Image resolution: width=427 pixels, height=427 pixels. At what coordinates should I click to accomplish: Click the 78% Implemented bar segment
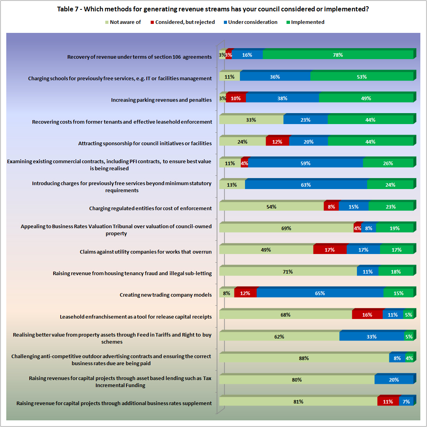click(338, 55)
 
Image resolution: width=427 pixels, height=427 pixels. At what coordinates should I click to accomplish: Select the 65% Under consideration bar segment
click(320, 293)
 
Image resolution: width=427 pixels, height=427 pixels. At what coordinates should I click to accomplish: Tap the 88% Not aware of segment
click(304, 358)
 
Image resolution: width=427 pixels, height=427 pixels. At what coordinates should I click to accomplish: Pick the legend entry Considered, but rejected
click(185, 22)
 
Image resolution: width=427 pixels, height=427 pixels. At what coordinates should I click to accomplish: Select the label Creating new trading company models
click(166, 295)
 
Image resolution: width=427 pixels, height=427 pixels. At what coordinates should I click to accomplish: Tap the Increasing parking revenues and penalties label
click(161, 100)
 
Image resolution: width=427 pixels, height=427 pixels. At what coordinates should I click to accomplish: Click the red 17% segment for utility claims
click(330, 250)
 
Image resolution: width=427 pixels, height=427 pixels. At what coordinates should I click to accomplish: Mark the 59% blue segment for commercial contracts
click(305, 163)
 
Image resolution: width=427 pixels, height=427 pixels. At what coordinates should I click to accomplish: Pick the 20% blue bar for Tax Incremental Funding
click(394, 380)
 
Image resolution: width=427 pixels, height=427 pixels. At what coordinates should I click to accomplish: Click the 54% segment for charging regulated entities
click(271, 207)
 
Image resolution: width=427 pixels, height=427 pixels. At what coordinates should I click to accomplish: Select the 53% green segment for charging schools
click(362, 77)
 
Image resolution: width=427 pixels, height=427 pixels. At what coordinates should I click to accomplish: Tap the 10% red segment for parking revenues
click(236, 99)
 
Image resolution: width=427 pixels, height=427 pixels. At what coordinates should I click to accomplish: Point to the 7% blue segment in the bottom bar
click(406, 402)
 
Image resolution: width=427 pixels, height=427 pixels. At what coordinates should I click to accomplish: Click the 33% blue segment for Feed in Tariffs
click(371, 337)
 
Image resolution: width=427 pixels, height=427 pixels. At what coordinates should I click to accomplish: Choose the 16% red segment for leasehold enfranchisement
click(367, 315)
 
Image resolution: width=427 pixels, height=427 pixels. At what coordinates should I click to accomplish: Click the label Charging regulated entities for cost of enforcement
click(150, 208)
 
